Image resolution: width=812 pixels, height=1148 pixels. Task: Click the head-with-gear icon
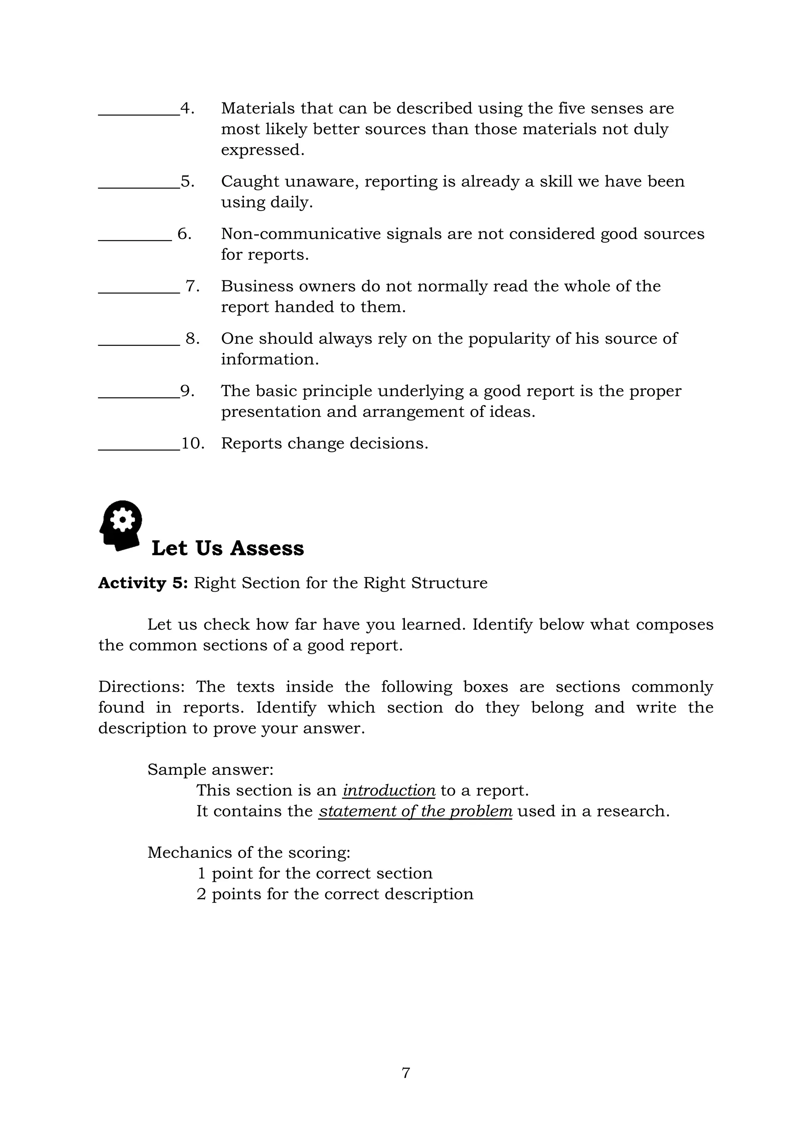pos(121,525)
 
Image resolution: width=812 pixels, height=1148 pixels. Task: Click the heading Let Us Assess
pos(228,548)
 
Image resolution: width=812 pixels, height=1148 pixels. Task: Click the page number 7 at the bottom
pos(406,1073)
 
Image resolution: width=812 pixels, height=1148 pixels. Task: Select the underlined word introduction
pos(389,790)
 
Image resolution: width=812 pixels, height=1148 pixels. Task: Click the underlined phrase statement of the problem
pos(415,811)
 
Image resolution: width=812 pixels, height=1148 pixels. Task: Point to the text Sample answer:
pos(210,770)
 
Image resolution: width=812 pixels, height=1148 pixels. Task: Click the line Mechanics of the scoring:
pos(249,853)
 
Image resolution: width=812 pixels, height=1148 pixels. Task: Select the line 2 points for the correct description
pos(335,894)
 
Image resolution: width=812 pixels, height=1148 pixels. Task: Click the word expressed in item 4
pos(262,150)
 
